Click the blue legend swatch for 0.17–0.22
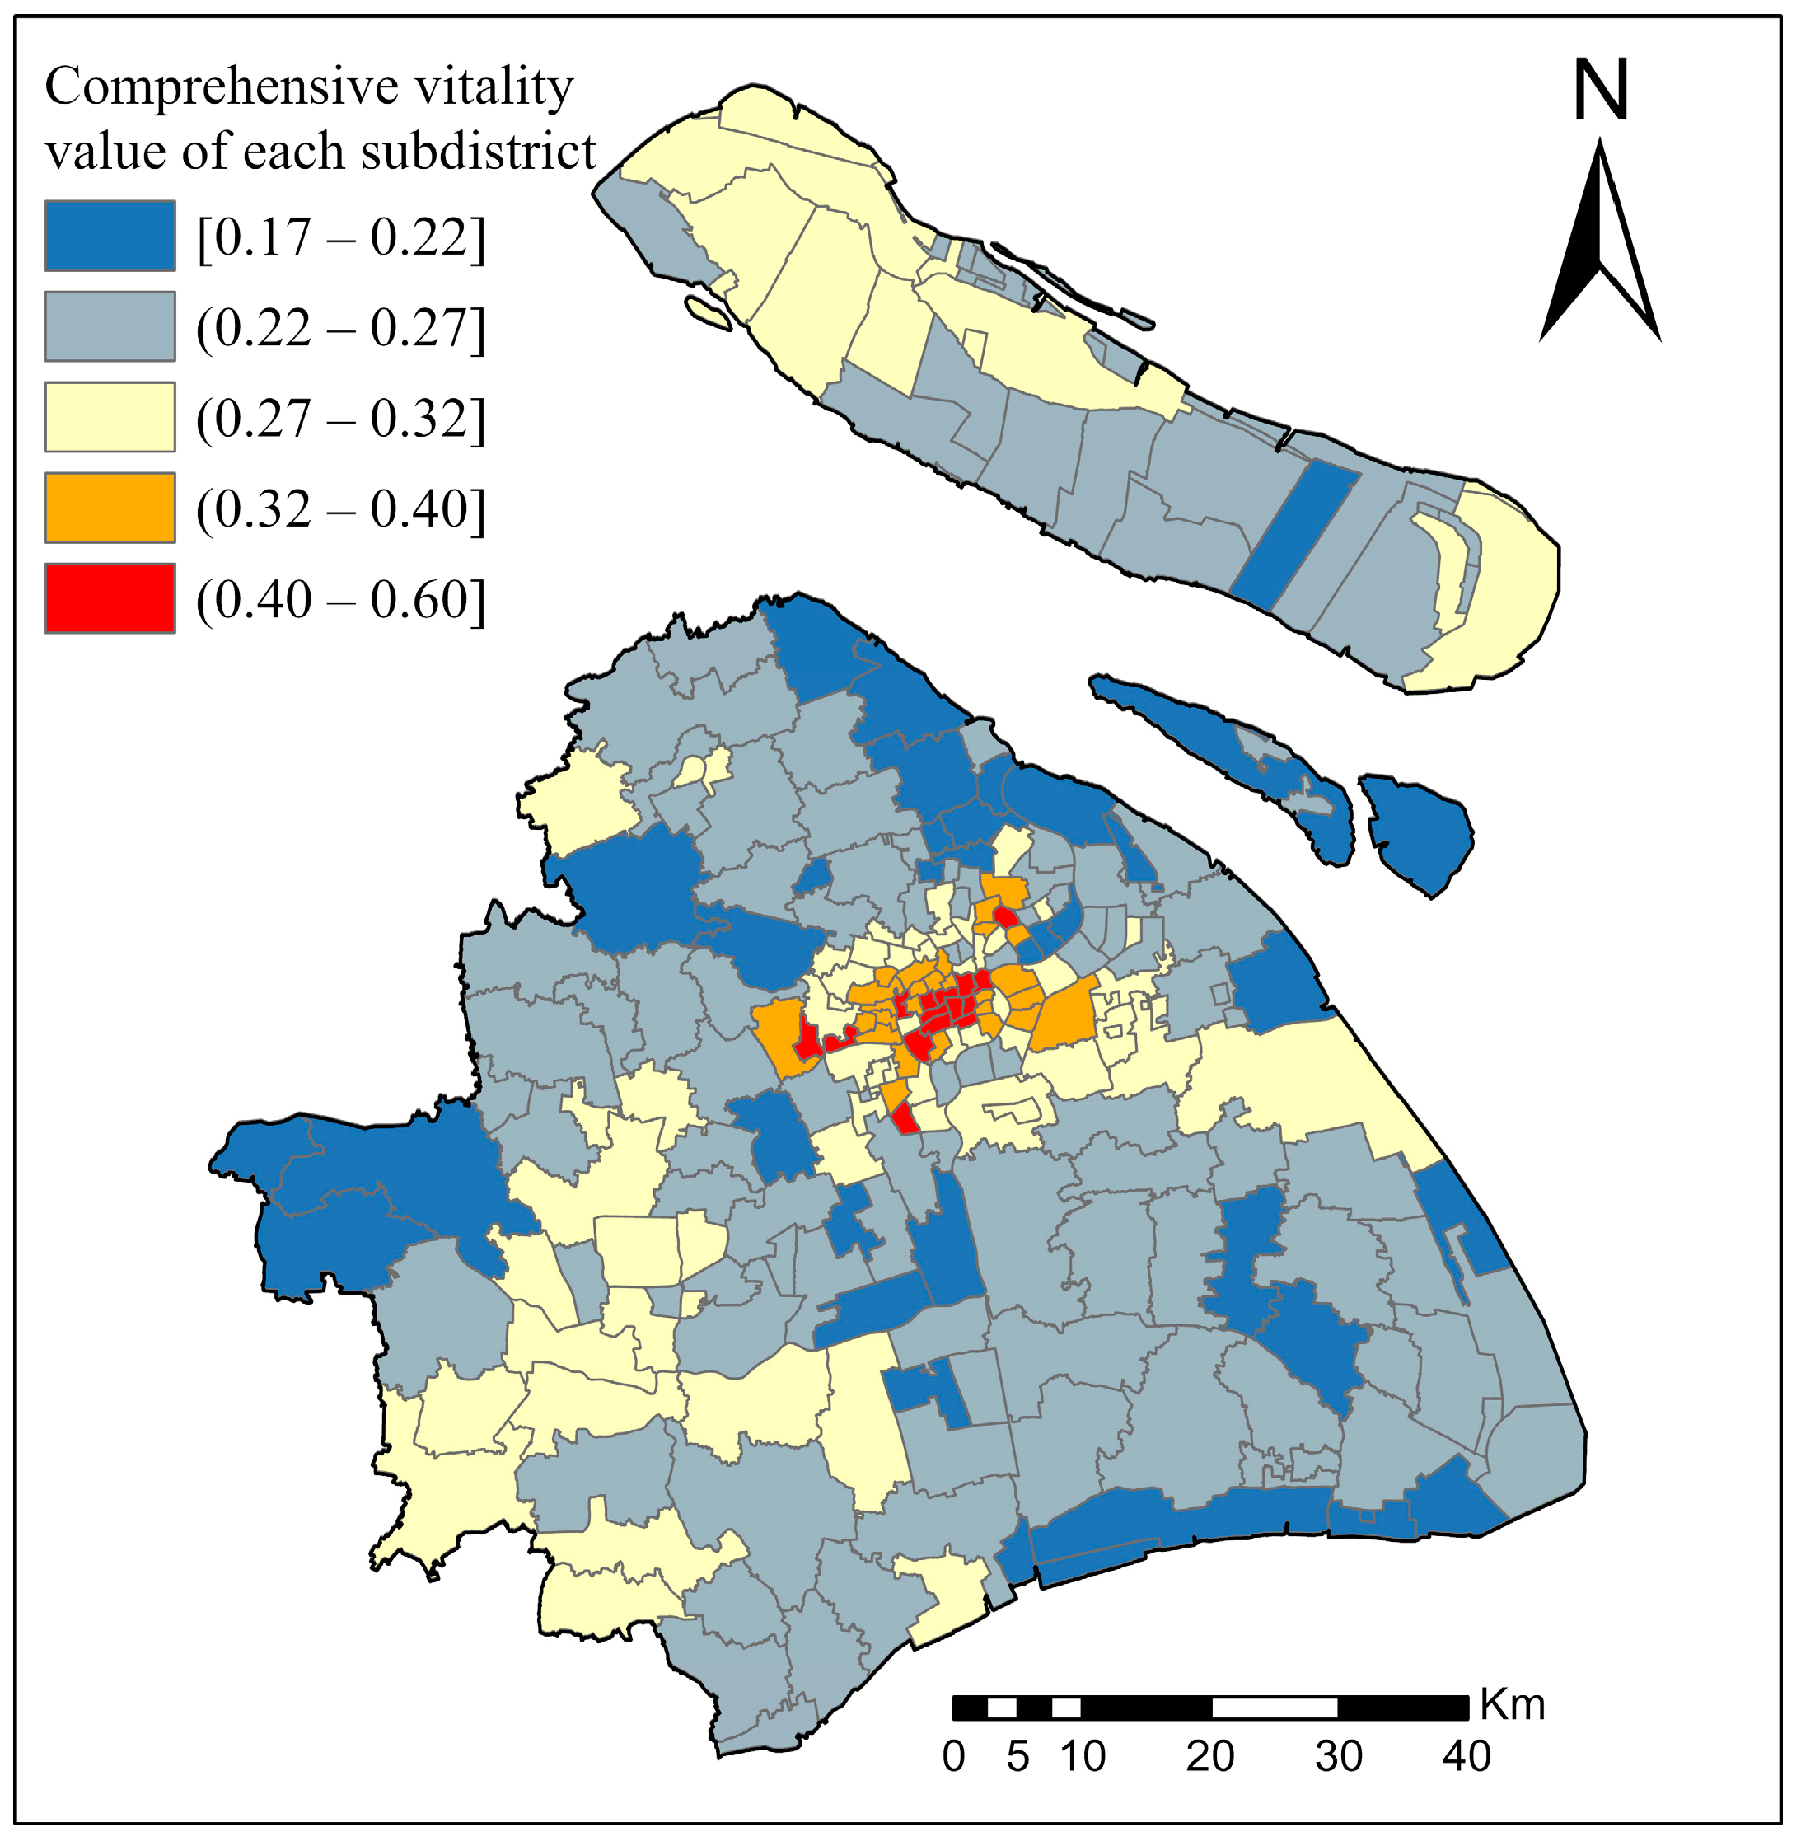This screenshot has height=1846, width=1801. click(110, 236)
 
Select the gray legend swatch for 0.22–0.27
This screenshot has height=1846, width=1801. click(110, 326)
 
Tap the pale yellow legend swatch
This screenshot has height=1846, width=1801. click(110, 417)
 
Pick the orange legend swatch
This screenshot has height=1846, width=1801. click(110, 508)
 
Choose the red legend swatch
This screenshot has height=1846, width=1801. click(110, 599)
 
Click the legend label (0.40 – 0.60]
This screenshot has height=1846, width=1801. click(340, 600)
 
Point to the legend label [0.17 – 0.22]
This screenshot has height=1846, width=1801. click(340, 237)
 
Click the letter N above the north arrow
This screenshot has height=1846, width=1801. click(1601, 91)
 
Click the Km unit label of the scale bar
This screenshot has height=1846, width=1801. click(1513, 1705)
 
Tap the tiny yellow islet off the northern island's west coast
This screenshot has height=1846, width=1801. click(709, 313)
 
